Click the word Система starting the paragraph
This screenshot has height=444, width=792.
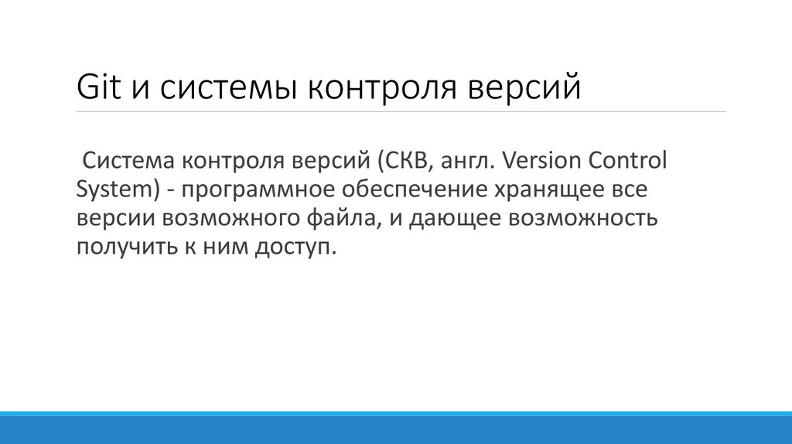(128, 161)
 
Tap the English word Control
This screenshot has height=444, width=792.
(630, 161)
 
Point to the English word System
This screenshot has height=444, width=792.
(111, 190)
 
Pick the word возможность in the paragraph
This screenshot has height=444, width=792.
(582, 219)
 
